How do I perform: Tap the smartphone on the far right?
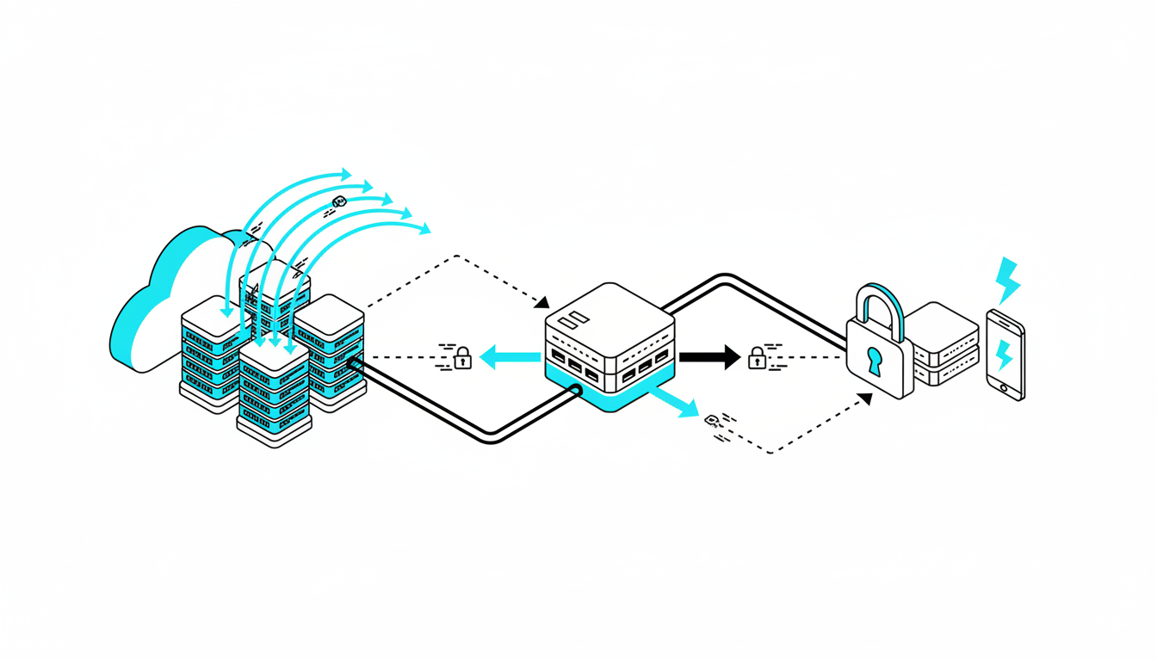pyautogui.click(x=1005, y=355)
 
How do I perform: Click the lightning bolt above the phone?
pyautogui.click(x=1006, y=279)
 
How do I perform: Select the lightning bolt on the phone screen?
pyautogui.click(x=1004, y=354)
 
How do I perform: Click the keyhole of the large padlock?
pyautogui.click(x=875, y=360)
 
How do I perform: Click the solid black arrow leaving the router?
pyautogui.click(x=709, y=356)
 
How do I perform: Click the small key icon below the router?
pyautogui.click(x=712, y=420)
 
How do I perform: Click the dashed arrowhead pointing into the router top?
pyautogui.click(x=542, y=302)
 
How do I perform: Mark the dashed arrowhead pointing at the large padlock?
pyautogui.click(x=866, y=399)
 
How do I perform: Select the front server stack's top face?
pyautogui.click(x=274, y=353)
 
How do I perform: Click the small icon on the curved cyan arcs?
pyautogui.click(x=338, y=202)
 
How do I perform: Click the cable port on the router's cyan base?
pyautogui.click(x=574, y=390)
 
